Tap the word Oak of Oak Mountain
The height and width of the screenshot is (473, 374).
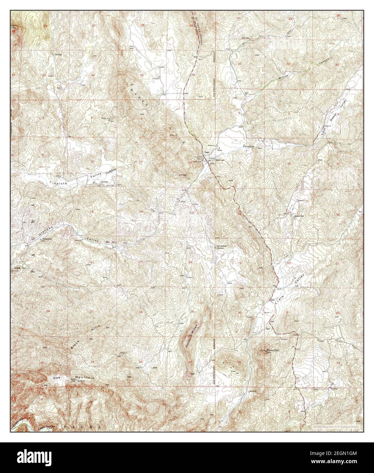pos(56,378)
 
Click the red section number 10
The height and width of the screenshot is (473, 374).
pos(92,161)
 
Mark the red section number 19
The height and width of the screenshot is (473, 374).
pos(240,263)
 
